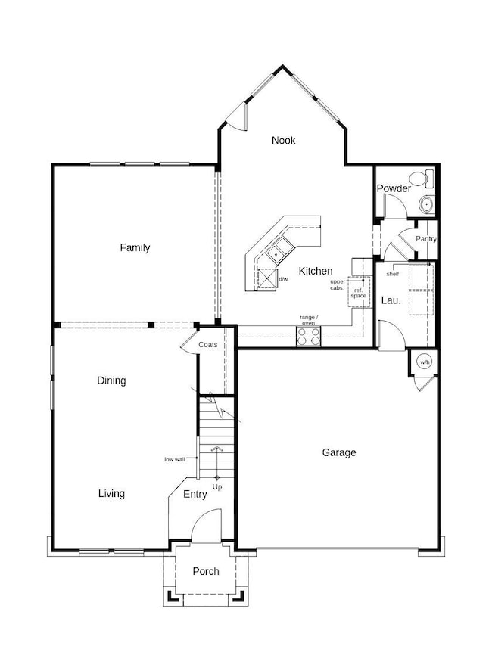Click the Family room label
135,247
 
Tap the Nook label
284,140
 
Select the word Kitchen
315,271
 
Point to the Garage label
339,452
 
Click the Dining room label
111,381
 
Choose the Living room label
111,493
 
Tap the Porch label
205,571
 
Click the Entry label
195,494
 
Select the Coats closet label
208,345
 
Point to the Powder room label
394,188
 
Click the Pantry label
426,239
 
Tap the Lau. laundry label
391,300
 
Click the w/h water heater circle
424,361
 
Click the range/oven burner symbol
309,336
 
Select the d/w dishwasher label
283,279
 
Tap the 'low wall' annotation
175,459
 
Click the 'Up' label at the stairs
217,486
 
